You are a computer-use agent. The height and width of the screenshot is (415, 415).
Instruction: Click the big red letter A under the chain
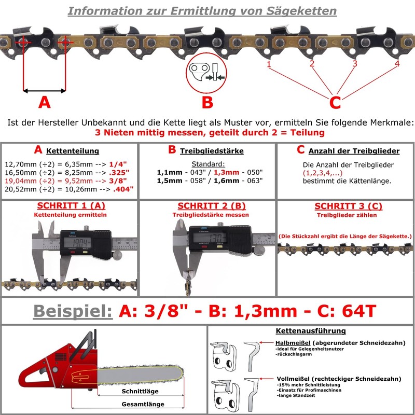(45, 102)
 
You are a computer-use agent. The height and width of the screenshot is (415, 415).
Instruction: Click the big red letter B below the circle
(208, 102)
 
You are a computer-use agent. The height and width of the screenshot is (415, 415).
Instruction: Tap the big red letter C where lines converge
(335, 102)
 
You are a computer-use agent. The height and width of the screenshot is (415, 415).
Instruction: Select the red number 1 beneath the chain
(269, 64)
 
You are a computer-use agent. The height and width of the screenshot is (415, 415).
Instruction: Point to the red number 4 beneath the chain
(397, 63)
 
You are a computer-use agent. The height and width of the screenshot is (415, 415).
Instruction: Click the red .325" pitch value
(119, 173)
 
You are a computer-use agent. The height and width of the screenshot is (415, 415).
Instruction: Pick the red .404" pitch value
(123, 189)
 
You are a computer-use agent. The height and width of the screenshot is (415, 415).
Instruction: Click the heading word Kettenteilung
(73, 151)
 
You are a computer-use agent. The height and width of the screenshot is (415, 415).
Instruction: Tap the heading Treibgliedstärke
(212, 151)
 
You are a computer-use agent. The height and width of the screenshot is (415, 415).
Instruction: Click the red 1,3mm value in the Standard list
(226, 173)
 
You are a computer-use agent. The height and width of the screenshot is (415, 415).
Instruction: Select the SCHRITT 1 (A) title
(71, 205)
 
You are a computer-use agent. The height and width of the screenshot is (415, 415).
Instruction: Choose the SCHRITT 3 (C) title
(348, 206)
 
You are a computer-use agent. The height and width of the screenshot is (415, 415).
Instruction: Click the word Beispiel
(73, 311)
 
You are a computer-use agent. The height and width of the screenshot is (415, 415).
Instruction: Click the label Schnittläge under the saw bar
(140, 391)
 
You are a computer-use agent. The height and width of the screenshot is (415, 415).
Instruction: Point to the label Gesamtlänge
(143, 404)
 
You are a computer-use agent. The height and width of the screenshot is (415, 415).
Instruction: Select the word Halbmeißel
(293, 343)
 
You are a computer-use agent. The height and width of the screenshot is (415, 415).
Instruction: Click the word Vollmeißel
(294, 379)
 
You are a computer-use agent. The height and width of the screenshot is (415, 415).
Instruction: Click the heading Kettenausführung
(311, 331)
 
